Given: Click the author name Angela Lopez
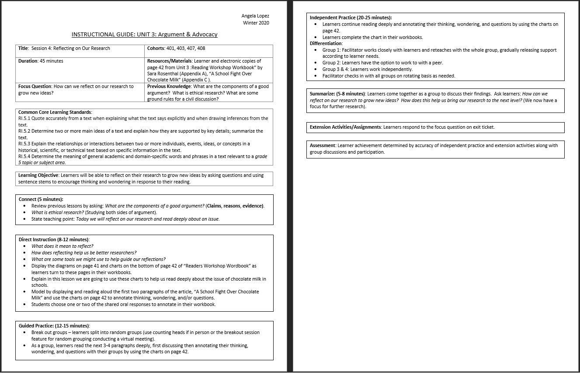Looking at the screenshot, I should [255, 16].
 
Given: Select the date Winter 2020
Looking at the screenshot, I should [256, 23].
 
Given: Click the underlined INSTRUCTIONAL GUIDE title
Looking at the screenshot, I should [144, 35].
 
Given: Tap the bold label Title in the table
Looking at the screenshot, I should [24, 48].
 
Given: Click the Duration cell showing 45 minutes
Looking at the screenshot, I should [41, 61].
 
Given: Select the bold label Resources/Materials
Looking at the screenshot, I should [170, 61].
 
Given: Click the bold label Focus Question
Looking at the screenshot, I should [35, 86].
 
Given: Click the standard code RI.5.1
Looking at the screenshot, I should [24, 119].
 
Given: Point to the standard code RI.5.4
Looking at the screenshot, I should [24, 156].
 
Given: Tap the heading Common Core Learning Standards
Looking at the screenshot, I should [55, 113].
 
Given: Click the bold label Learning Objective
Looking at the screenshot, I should [38, 175].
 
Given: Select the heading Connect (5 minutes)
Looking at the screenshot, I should [41, 199].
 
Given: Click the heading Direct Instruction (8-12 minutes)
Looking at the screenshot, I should [54, 239].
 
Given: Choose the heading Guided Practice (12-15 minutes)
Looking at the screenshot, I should [54, 326].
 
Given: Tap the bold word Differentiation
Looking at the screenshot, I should [326, 43].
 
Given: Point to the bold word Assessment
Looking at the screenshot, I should [323, 145].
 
